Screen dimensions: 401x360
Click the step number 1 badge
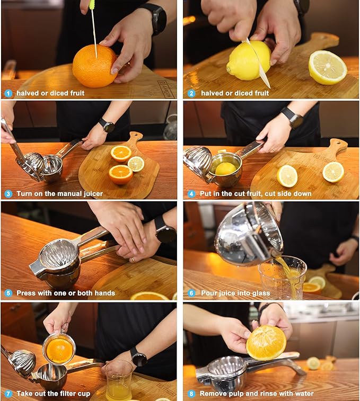tap(8, 93)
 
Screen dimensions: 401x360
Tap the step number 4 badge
tap(190, 193)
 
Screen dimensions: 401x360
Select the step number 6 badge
tap(190, 293)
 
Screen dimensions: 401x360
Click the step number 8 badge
tap(190, 394)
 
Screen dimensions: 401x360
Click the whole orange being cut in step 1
tap(94, 66)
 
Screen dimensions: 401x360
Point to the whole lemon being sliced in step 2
tap(248, 60)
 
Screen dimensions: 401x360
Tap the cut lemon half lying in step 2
tap(328, 67)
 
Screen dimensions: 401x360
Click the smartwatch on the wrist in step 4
tap(292, 117)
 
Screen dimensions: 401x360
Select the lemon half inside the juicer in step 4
tap(225, 168)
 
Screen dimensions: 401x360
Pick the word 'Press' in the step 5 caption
tap(27, 293)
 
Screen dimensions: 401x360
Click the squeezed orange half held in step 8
tap(266, 343)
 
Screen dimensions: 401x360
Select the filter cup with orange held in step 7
tap(59, 349)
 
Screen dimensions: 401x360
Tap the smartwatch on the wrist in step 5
tap(165, 233)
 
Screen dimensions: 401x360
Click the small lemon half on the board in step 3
tap(136, 164)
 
